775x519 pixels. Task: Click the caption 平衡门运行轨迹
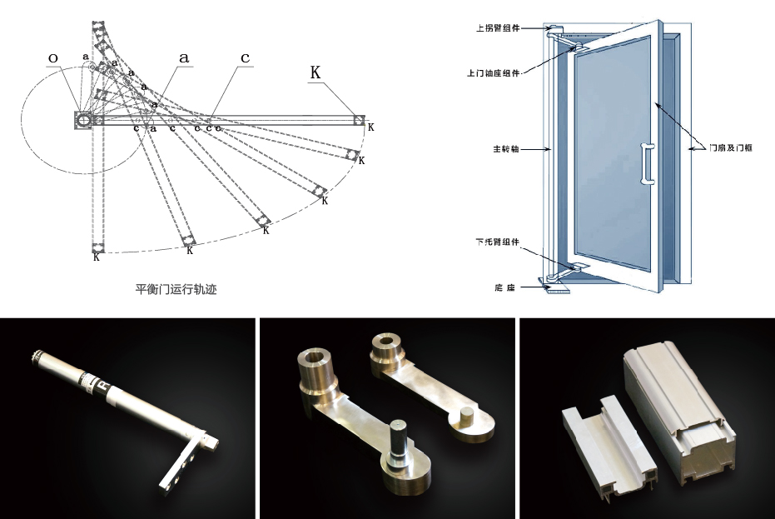176,290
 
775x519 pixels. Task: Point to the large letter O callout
53,58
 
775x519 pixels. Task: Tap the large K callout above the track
315,72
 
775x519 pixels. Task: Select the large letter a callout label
184,57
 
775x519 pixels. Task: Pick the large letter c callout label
246,57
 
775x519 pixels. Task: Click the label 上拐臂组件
498,27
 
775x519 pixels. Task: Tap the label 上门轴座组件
494,72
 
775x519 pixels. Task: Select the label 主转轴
506,150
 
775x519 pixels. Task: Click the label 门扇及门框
731,150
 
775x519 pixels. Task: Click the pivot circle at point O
84,120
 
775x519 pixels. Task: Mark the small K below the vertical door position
97,258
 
